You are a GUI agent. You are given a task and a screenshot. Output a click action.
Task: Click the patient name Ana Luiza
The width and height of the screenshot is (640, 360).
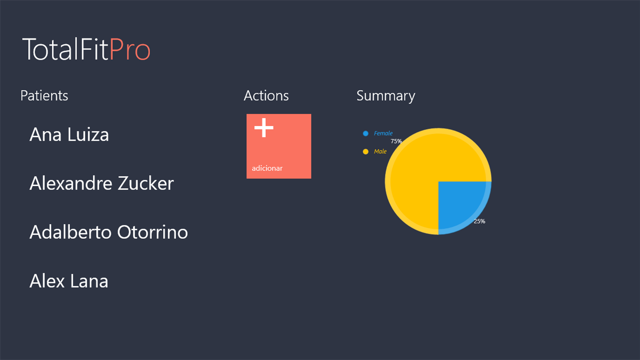pos(69,135)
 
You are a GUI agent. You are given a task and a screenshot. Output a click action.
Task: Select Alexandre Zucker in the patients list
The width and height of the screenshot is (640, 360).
pos(101,183)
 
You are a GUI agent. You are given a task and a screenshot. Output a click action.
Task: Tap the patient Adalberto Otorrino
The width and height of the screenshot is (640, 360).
pos(109,232)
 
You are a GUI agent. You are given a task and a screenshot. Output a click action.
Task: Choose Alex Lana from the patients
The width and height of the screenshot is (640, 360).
pos(69,281)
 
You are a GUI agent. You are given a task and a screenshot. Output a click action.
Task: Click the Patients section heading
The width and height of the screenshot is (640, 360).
pos(44,96)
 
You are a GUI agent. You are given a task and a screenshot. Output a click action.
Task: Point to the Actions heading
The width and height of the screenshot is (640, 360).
pos(266,96)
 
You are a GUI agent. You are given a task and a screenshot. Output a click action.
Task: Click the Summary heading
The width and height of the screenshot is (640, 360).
pos(386,96)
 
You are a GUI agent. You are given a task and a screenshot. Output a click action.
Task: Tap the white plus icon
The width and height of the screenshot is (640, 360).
pos(264,127)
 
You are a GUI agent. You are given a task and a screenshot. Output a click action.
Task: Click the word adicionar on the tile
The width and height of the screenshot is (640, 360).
pos(267,168)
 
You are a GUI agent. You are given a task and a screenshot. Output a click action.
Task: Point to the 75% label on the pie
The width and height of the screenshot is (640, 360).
pos(396,141)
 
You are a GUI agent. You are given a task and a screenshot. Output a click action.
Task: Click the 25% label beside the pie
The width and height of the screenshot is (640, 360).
pos(480,221)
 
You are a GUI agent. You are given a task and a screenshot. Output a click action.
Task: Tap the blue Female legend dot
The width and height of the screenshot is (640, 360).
pos(365,134)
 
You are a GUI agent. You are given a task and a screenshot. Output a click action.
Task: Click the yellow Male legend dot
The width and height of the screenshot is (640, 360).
pos(365,151)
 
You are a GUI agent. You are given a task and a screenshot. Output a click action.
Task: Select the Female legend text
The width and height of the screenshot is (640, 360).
pos(383,133)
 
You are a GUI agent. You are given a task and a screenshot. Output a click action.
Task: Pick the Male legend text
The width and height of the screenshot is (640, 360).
pos(380,151)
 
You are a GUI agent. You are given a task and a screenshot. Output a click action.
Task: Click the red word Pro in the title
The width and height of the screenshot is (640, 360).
pos(130,49)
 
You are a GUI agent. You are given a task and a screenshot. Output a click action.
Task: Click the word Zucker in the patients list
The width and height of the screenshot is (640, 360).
pos(146,183)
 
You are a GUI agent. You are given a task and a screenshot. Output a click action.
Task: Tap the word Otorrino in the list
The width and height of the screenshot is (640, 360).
pos(152,232)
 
